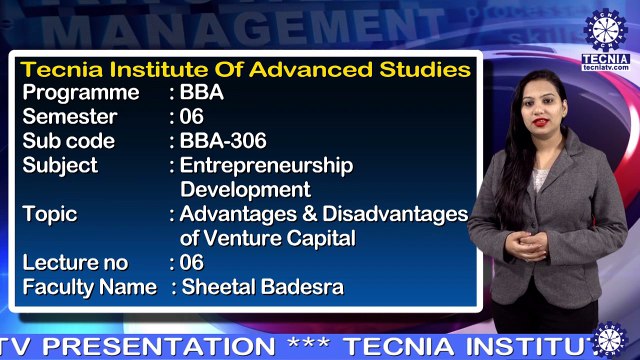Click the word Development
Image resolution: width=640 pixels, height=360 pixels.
click(x=245, y=189)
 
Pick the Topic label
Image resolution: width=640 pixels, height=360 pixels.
click(x=49, y=214)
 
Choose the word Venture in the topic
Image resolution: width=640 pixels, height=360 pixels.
click(x=246, y=238)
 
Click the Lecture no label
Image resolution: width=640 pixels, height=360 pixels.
click(x=75, y=263)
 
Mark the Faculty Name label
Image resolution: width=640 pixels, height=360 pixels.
click(x=89, y=287)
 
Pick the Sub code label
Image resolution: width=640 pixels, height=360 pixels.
click(x=68, y=141)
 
